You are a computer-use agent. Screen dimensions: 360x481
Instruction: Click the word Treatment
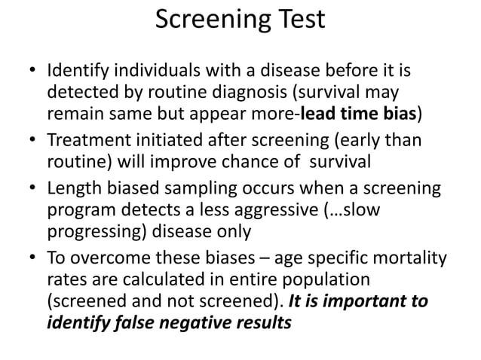tap(86, 139)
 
